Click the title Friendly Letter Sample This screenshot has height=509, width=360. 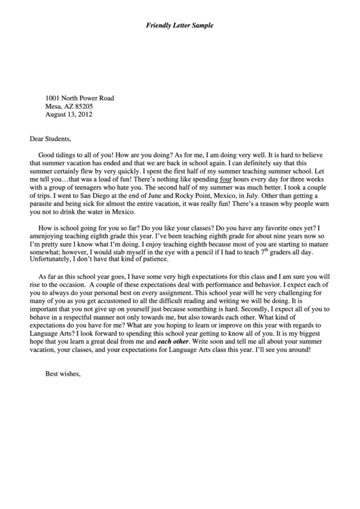click(180, 25)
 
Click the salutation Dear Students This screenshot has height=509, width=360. click(53, 139)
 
